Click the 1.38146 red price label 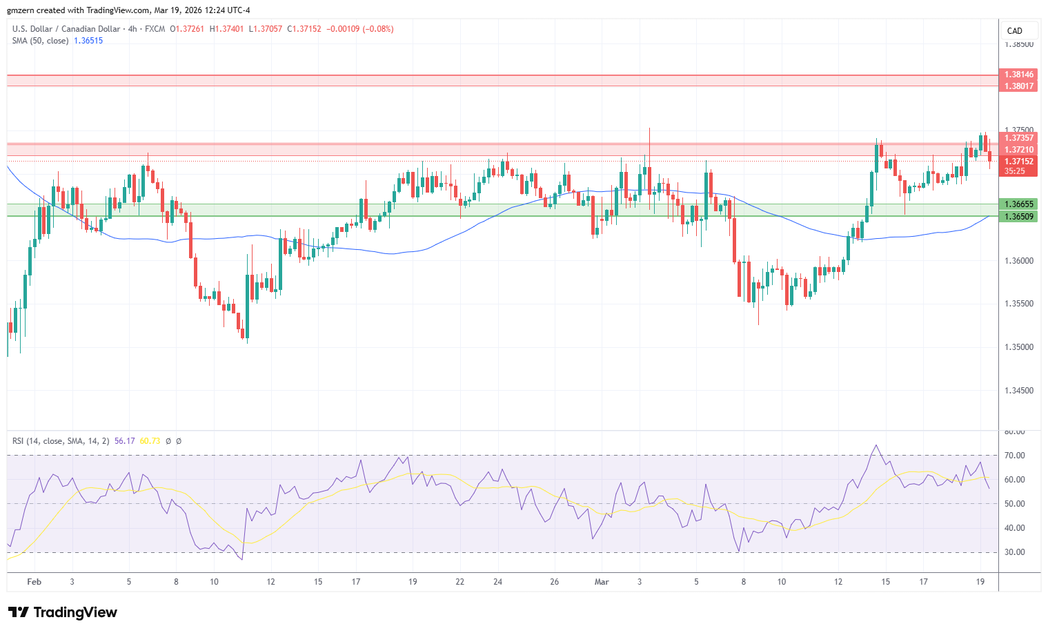pyautogui.click(x=1018, y=75)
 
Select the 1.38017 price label pyautogui.click(x=1018, y=86)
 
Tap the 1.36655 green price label pyautogui.click(x=1018, y=204)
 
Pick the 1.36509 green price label pyautogui.click(x=1018, y=217)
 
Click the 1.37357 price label pyautogui.click(x=1018, y=138)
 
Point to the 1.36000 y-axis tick pyautogui.click(x=1019, y=261)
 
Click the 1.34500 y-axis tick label pyautogui.click(x=1019, y=391)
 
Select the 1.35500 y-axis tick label pyautogui.click(x=1019, y=304)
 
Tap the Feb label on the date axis pyautogui.click(x=34, y=582)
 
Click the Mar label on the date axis pyautogui.click(x=602, y=582)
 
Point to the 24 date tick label pyautogui.click(x=498, y=582)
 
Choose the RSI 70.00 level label pyautogui.click(x=1014, y=456)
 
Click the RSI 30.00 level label pyautogui.click(x=1014, y=552)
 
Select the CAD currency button pyautogui.click(x=1014, y=31)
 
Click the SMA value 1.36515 pyautogui.click(x=88, y=41)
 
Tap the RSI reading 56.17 pyautogui.click(x=124, y=441)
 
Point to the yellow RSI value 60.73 pyautogui.click(x=150, y=441)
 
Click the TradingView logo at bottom pyautogui.click(x=63, y=612)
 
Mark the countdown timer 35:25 pyautogui.click(x=1014, y=171)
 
